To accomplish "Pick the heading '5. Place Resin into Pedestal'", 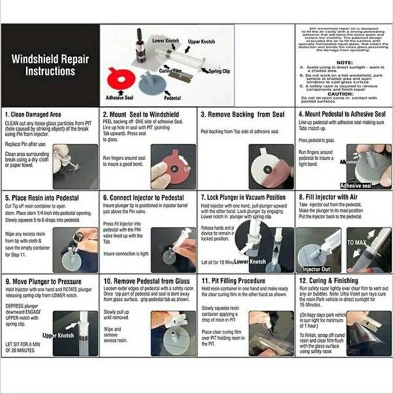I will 41,199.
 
